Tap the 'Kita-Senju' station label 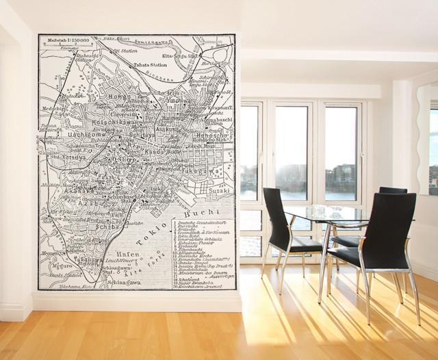click(180, 55)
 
